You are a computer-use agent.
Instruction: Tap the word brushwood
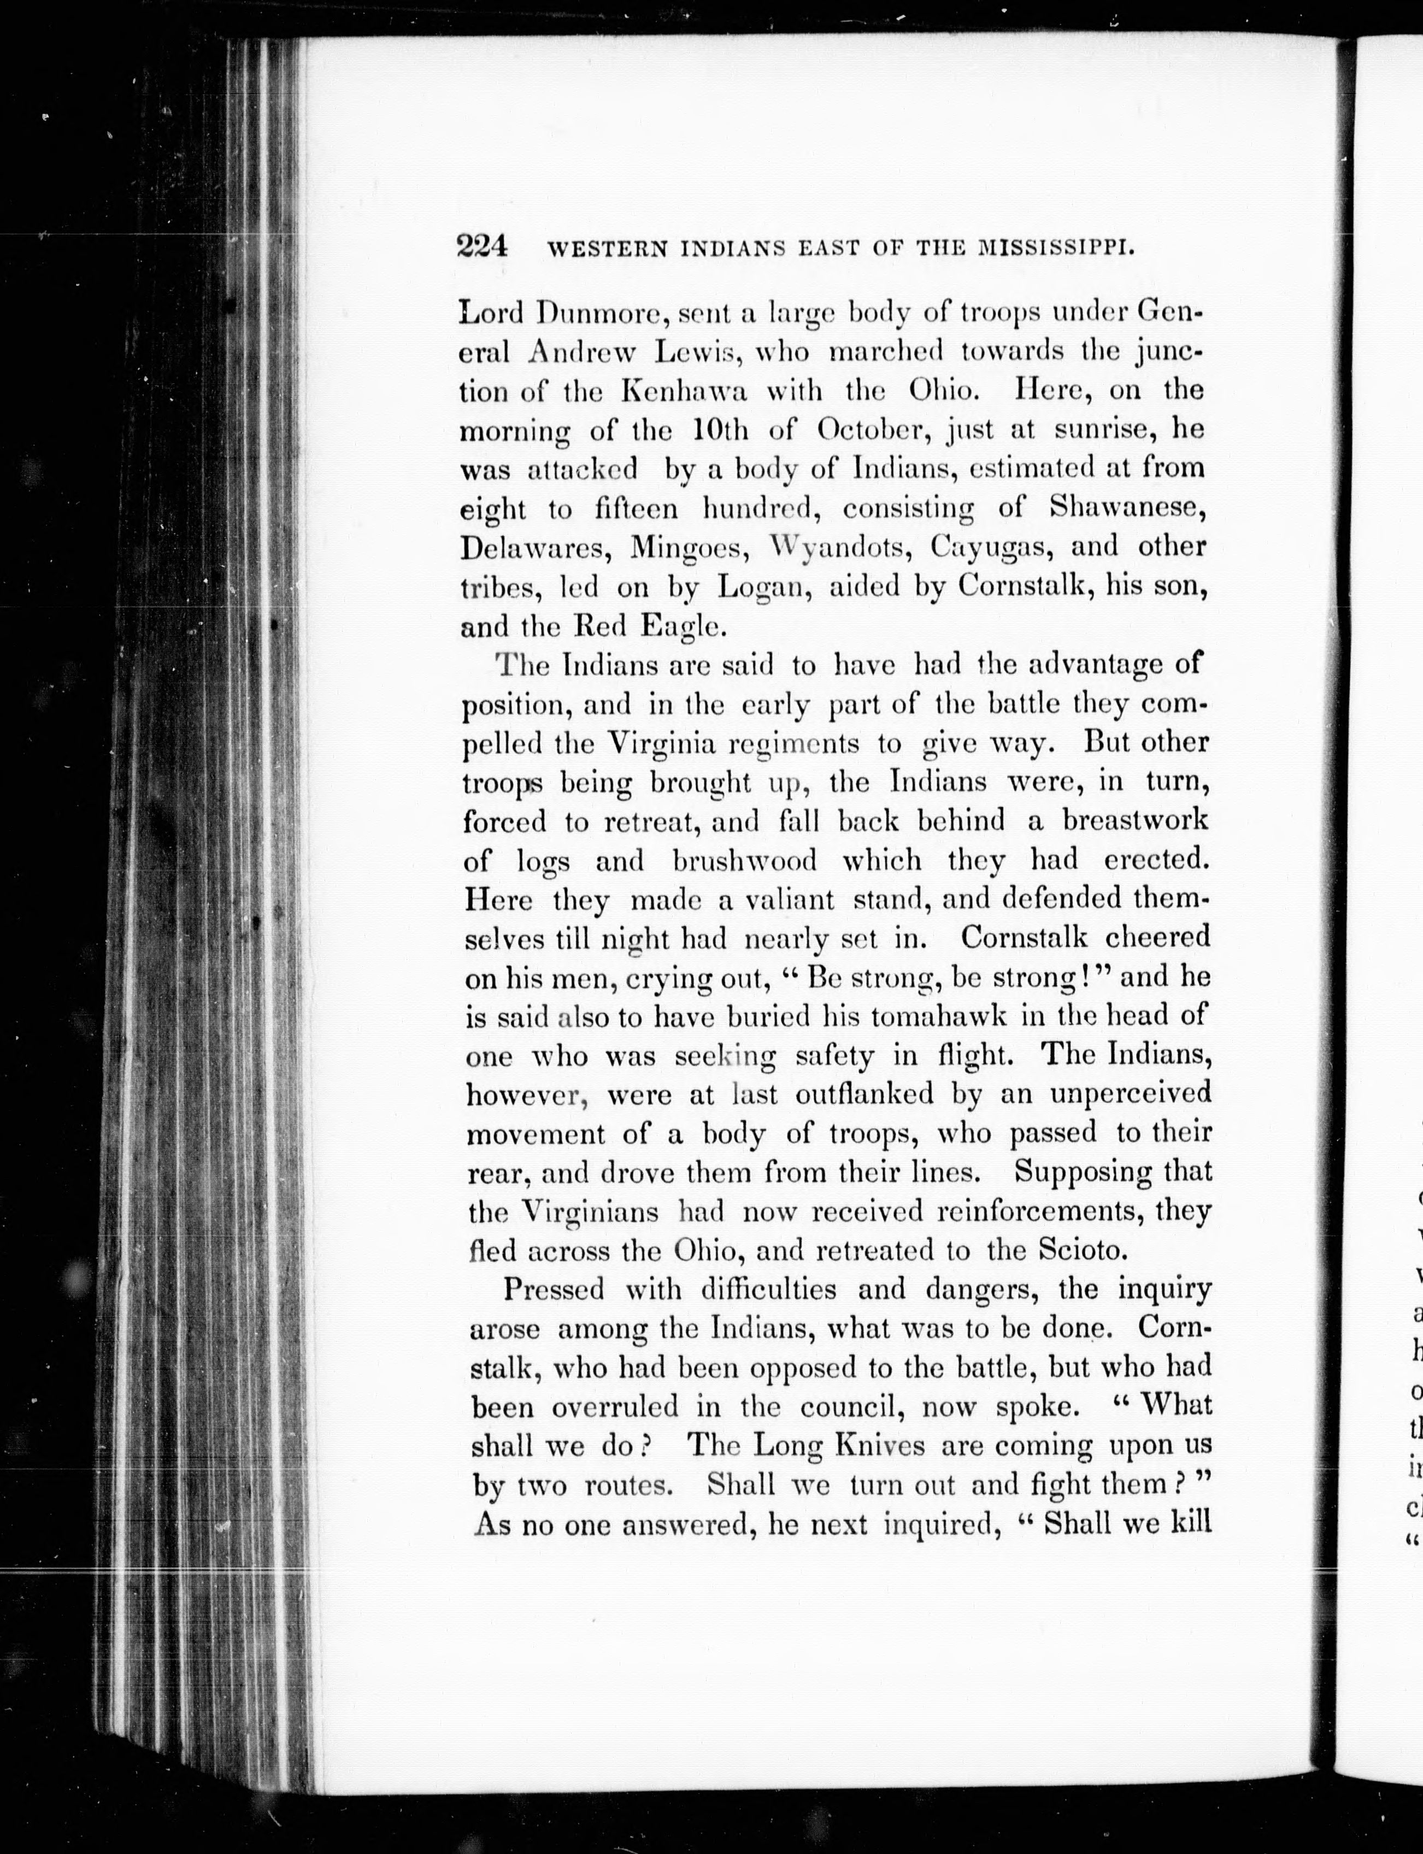(x=745, y=860)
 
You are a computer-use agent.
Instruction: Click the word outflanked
(x=864, y=1094)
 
